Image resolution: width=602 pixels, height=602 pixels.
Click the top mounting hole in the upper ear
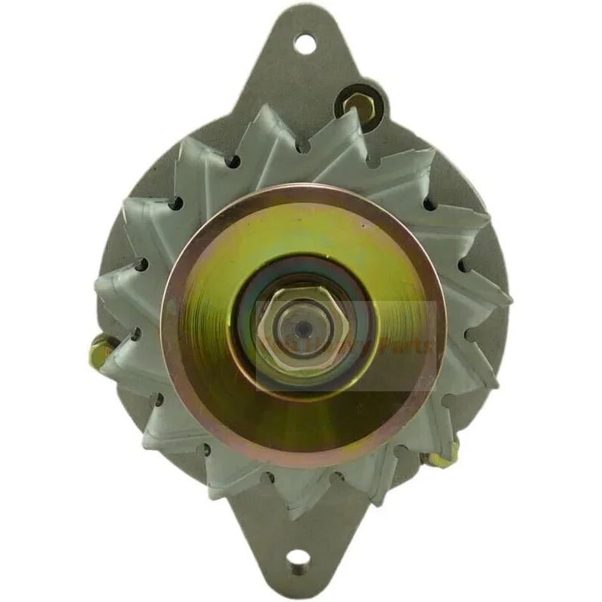click(x=304, y=43)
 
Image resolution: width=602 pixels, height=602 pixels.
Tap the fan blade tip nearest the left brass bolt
click(x=113, y=361)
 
